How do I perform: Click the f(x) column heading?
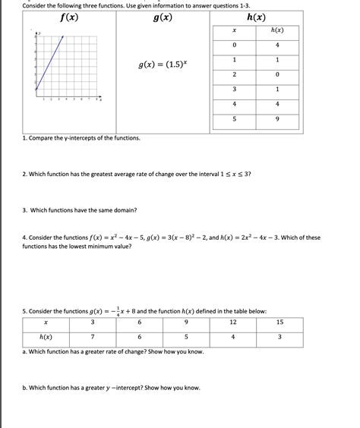67,17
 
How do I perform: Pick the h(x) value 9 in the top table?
277,119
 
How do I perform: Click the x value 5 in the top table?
235,119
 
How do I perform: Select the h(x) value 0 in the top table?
277,74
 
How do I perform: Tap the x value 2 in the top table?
235,74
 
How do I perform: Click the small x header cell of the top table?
235,30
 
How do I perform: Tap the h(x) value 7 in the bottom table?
91,337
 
